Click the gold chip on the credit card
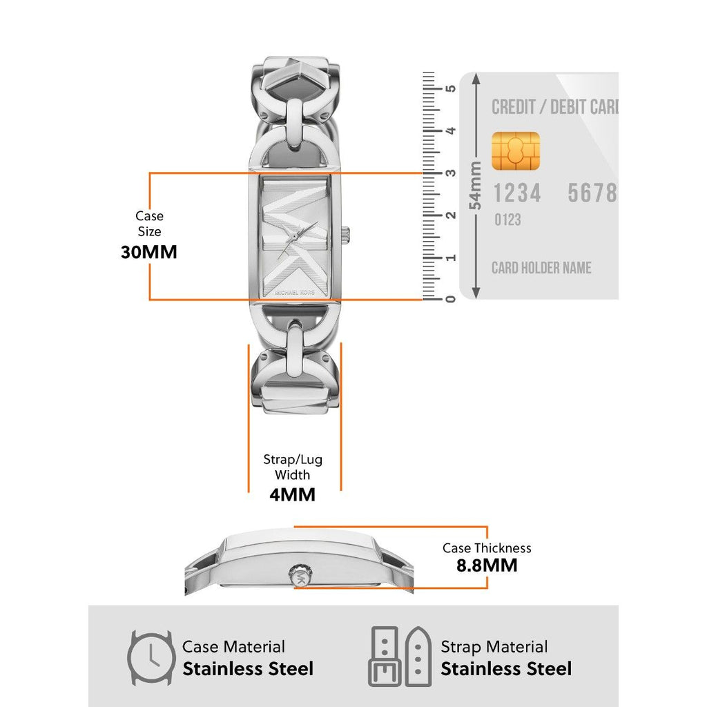coord(516,151)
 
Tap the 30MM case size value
coord(149,252)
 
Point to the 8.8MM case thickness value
coord(487,566)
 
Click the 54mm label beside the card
coord(475,186)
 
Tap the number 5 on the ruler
coord(451,88)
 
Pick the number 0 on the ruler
coord(451,298)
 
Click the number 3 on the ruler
coord(451,173)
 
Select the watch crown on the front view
coord(348,235)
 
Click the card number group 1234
coord(516,193)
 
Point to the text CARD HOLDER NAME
coord(541,268)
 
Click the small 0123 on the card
coord(507,220)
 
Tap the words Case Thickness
coord(487,548)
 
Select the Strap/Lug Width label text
coord(293,467)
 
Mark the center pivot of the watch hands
coord(295,237)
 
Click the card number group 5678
coord(592,193)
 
